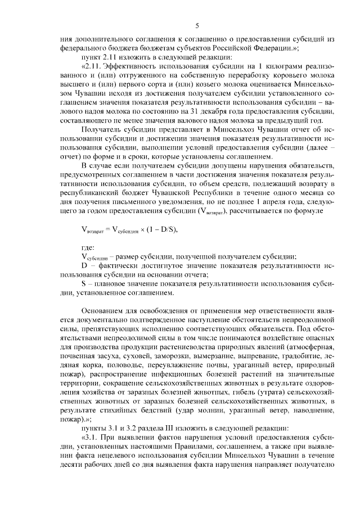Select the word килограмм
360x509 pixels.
pyautogui.click(x=269, y=68)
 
